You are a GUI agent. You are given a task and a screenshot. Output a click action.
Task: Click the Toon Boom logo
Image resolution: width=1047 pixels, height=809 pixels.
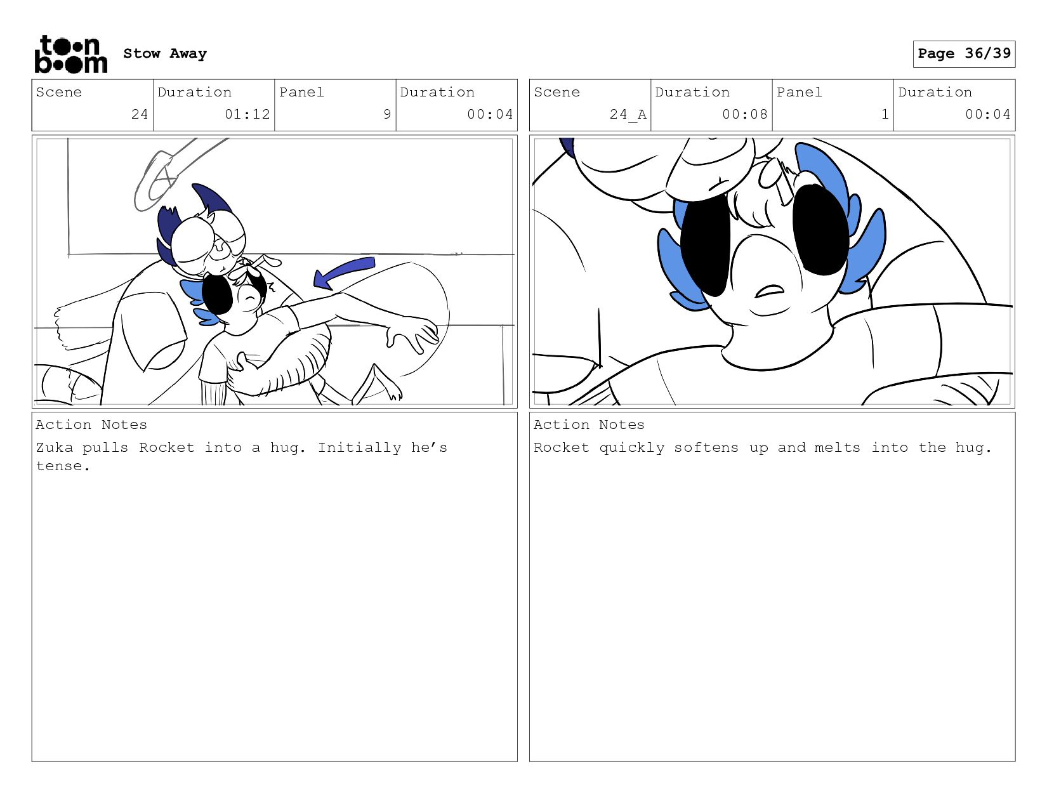71,54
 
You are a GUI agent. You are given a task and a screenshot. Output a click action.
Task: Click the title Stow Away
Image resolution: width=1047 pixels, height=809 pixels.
165,53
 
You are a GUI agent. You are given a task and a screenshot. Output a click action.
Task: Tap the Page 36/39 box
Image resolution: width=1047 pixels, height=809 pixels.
964,54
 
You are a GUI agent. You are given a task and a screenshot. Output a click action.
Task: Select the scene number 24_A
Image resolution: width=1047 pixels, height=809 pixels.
628,114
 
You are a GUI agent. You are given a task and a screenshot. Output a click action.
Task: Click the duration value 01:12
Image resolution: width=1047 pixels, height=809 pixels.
247,114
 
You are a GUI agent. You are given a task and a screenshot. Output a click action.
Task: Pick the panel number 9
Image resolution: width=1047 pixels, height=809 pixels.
387,114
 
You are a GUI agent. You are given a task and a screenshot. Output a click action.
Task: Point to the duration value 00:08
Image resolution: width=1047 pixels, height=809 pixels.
744,114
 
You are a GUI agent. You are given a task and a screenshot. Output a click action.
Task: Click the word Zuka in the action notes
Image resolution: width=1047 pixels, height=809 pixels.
55,447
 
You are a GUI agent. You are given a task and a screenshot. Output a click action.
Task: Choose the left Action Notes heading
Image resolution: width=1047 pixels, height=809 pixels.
91,424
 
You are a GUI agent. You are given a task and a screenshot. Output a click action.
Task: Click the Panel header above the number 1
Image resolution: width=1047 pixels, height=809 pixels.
799,92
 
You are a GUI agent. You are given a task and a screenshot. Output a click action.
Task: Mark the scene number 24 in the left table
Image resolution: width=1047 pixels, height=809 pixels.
139,114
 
